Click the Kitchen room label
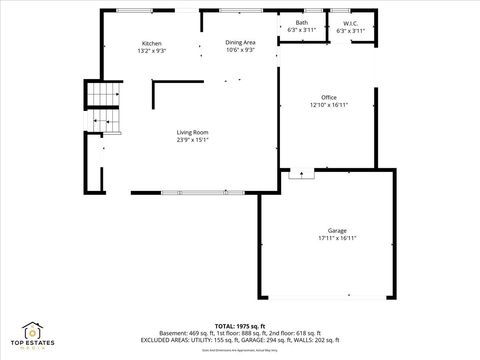point(152,43)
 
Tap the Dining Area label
point(240,43)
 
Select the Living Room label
point(192,133)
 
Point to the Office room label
point(328,97)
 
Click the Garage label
point(337,231)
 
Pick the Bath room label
point(301,22)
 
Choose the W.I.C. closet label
point(351,22)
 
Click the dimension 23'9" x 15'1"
point(192,140)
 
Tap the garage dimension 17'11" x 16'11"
point(337,238)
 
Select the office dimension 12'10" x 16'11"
point(328,104)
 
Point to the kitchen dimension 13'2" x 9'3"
point(152,50)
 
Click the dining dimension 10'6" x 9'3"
point(240,50)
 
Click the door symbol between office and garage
point(298,174)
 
